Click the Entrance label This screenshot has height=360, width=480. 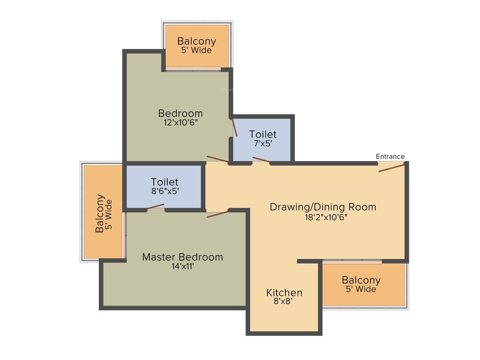pos(390,157)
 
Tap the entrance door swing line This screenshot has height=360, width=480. pos(391,167)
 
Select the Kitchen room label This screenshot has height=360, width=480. pos(284,293)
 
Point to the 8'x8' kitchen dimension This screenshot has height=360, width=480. pos(283,302)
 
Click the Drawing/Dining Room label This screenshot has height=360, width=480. pos(323,207)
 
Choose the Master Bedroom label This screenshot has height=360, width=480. pos(182,257)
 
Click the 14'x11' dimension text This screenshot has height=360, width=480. pos(183,267)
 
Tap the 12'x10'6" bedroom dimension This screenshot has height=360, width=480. pos(180,123)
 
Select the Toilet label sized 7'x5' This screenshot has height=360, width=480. pos(262,135)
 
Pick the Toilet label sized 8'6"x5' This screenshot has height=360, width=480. pos(164,181)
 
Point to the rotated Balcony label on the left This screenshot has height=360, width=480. pos(100,213)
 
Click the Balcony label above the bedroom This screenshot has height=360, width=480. pos(196,41)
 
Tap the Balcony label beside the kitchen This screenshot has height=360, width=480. pos(361,280)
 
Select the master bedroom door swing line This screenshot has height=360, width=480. pos(217,214)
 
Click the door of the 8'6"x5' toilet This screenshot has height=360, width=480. pos(155,207)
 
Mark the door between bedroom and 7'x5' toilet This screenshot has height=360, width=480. pos(234,127)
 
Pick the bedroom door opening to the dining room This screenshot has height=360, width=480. pos(217,159)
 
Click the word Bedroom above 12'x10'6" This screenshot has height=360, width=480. pos(180,113)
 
